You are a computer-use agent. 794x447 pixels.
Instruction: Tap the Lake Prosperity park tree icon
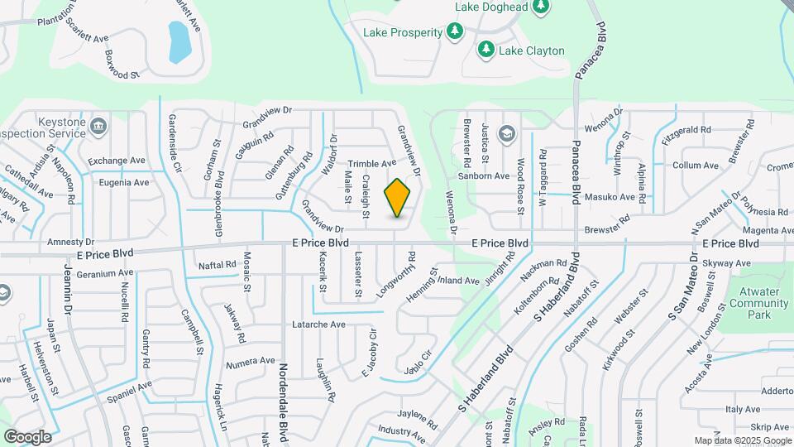(x=454, y=31)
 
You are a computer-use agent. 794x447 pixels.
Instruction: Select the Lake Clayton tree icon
(x=486, y=50)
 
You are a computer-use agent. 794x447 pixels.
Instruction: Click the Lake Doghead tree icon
(x=541, y=7)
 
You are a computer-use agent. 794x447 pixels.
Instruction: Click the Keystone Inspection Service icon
(x=98, y=127)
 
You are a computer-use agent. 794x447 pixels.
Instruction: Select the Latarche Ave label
(x=318, y=324)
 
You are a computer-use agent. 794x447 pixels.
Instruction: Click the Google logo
(x=27, y=436)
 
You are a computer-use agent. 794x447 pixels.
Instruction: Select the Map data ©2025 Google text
(x=742, y=440)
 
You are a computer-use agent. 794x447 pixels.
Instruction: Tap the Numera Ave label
(x=250, y=361)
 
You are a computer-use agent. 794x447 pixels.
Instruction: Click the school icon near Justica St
(x=506, y=132)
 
